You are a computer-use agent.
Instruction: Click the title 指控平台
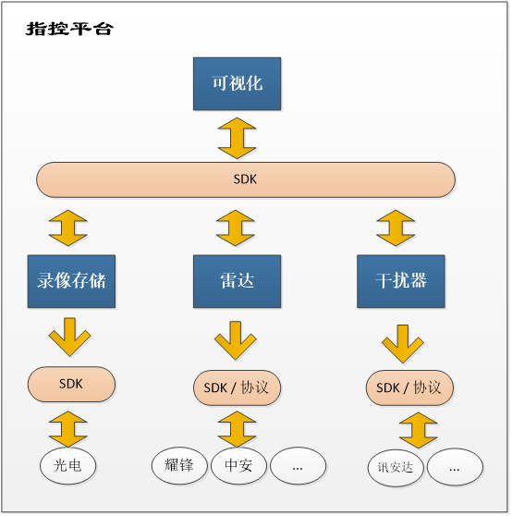(x=69, y=29)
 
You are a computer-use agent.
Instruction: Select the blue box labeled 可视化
(x=238, y=83)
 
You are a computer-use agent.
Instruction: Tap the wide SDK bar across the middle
(x=246, y=179)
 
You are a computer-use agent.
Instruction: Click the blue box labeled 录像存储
(x=71, y=281)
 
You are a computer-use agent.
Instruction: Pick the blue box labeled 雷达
(x=238, y=281)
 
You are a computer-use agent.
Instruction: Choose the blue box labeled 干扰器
(x=401, y=281)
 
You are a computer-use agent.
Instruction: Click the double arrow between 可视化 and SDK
(x=238, y=138)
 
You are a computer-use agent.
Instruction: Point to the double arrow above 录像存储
(x=68, y=228)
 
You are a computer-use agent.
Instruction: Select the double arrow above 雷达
(x=236, y=228)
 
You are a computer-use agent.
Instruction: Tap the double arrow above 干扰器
(x=396, y=228)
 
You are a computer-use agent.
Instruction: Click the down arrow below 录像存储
(x=69, y=337)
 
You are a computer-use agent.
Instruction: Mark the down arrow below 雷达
(x=236, y=340)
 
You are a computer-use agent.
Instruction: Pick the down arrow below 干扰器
(x=403, y=344)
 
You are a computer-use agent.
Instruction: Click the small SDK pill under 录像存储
(x=71, y=384)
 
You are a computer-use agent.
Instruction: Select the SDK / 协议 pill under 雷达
(x=238, y=387)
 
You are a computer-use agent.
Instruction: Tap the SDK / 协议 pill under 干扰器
(x=409, y=387)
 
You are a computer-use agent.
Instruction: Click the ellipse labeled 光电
(x=68, y=466)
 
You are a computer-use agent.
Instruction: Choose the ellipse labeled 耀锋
(x=179, y=466)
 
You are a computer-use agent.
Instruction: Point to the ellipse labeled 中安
(x=238, y=466)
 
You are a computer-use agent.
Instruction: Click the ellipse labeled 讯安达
(x=396, y=468)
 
